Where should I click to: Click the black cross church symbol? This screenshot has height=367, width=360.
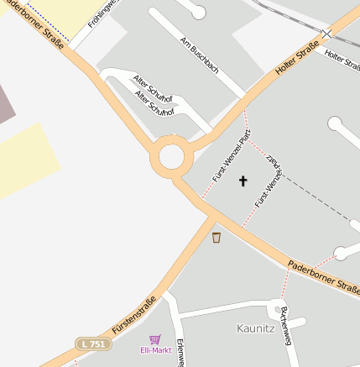243,181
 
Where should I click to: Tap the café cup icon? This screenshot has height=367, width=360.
217,238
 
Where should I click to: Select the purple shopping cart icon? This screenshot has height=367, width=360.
154,340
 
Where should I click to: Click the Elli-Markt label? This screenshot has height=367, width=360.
154,351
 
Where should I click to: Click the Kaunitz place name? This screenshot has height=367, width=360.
255,328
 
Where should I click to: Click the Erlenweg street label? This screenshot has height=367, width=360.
180,353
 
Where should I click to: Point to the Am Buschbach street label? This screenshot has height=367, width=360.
200,54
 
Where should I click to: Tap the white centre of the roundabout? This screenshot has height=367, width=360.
171,157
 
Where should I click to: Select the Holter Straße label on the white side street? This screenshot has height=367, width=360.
342,60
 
